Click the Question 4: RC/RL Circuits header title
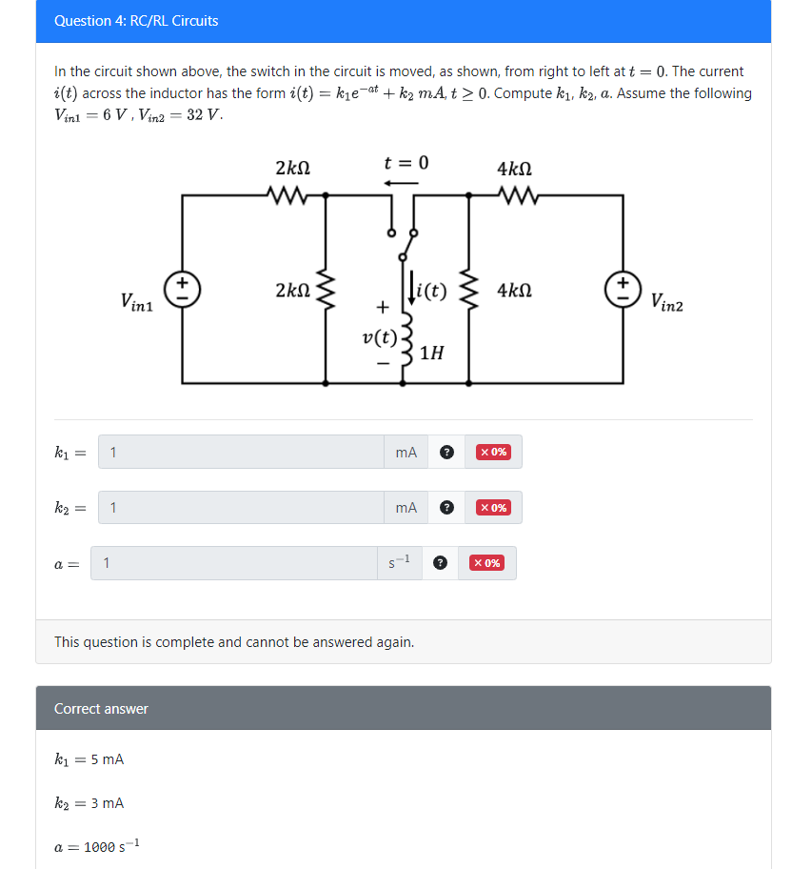pyautogui.click(x=136, y=20)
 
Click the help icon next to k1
pyautogui.click(x=446, y=453)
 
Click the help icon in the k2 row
pyautogui.click(x=446, y=508)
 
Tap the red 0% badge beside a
pyautogui.click(x=486, y=563)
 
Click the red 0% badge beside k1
pyautogui.click(x=493, y=452)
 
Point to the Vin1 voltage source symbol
pyautogui.click(x=182, y=288)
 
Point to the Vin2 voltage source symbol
pyautogui.click(x=624, y=288)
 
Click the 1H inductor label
pyautogui.click(x=431, y=354)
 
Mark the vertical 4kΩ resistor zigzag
pyautogui.click(x=468, y=289)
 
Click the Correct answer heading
pyautogui.click(x=101, y=708)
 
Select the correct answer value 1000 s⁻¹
pyautogui.click(x=111, y=846)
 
